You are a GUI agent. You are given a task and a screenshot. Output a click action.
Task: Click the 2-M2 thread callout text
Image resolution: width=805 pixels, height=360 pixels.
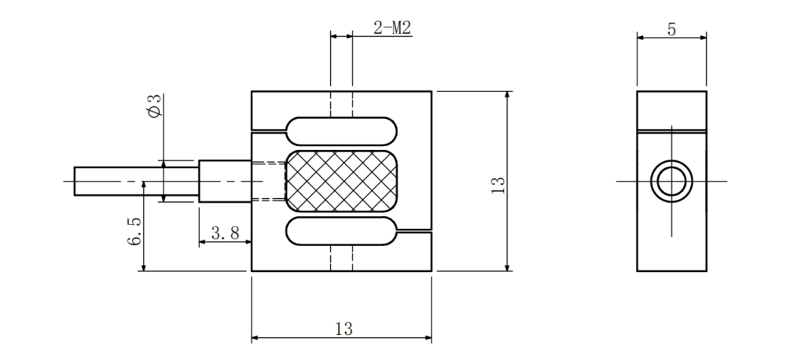tap(392, 28)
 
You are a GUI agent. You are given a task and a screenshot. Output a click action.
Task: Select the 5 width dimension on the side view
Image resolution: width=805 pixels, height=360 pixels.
tap(671, 29)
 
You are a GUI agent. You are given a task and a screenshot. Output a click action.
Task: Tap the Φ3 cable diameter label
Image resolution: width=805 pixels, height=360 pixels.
tap(155, 106)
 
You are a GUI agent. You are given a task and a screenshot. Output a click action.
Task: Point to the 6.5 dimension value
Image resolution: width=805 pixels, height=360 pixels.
tap(134, 231)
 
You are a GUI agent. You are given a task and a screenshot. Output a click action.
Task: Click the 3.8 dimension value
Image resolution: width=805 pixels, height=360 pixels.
tap(226, 233)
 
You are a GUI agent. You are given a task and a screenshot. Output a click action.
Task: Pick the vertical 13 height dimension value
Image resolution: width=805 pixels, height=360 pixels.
tap(498, 185)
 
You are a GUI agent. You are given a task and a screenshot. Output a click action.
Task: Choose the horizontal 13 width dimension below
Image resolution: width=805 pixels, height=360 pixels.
tap(344, 329)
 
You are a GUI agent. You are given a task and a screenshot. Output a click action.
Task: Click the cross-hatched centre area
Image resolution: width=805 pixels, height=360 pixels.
tap(341, 182)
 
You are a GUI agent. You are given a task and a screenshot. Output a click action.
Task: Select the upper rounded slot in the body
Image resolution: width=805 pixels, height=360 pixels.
tap(341, 131)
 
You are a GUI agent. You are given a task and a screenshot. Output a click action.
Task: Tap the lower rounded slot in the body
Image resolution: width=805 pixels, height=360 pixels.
tap(341, 231)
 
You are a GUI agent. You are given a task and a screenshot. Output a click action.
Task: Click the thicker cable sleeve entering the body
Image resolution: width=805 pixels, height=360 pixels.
tap(225, 182)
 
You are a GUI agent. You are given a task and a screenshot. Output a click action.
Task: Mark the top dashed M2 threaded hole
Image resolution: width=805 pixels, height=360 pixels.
tap(341, 105)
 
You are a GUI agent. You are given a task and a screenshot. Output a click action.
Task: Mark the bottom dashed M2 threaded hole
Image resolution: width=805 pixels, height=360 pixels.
tap(341, 258)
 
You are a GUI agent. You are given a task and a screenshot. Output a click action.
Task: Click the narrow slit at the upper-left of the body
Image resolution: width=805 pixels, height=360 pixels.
tap(268, 131)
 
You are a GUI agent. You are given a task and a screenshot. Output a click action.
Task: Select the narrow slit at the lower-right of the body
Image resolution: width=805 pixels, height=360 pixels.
tap(414, 231)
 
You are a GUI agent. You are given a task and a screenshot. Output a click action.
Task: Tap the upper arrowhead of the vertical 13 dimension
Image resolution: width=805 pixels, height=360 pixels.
tap(507, 96)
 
